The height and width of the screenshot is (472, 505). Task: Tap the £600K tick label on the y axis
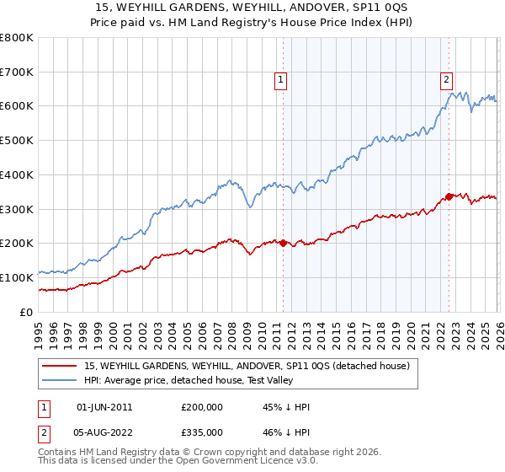point(17,106)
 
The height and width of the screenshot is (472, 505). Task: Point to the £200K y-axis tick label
point(17,244)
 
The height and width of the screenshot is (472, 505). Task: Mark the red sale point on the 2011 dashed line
point(283,243)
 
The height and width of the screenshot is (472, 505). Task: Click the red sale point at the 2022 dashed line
point(449,196)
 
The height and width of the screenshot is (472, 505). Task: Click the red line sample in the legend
point(60,366)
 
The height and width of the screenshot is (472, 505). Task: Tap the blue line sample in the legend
point(60,380)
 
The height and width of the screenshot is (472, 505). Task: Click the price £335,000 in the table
point(202,432)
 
